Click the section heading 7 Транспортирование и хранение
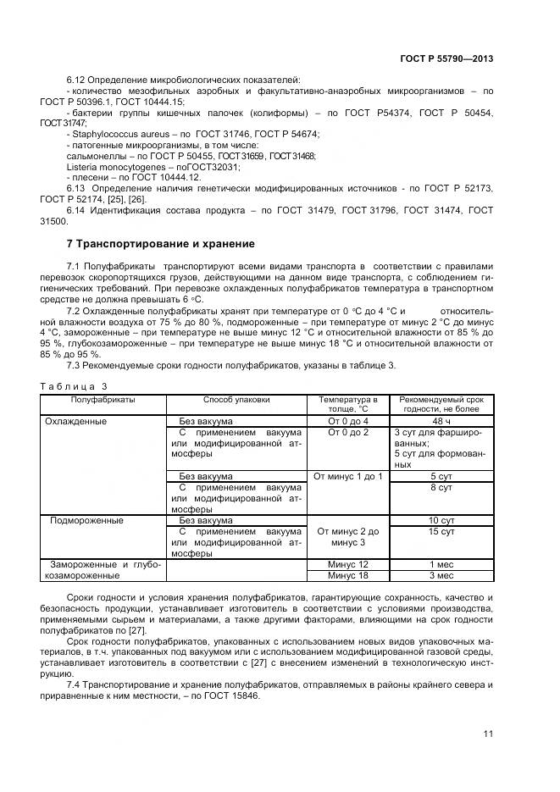(x=160, y=244)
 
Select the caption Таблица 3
(x=80, y=385)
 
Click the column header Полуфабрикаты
(x=103, y=399)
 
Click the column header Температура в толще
(x=347, y=404)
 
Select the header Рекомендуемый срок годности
(x=441, y=404)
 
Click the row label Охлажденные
(x=76, y=421)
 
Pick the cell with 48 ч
(x=441, y=421)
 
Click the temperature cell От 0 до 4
(x=347, y=421)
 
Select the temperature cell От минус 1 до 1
(x=347, y=476)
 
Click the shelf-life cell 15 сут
(x=441, y=531)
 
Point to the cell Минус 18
(x=347, y=575)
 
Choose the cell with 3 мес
(x=441, y=575)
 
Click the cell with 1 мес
(x=441, y=564)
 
